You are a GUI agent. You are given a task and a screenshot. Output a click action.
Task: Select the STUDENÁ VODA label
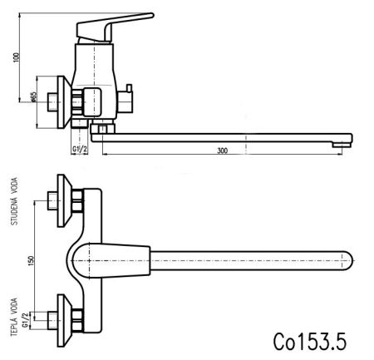13,205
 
